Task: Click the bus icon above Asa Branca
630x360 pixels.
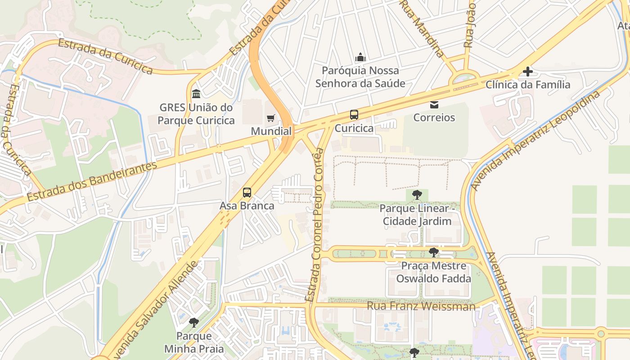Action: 247,193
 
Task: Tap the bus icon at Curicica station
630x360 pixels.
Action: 354,115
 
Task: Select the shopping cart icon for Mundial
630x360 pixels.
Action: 270,118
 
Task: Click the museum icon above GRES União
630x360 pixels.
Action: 196,94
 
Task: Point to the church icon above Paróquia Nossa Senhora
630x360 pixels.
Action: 360,57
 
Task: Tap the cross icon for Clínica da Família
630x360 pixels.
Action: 527,72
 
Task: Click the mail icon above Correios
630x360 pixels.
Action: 434,105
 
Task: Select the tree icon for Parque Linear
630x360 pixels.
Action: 417,195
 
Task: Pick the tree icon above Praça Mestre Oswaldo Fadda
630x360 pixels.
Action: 433,252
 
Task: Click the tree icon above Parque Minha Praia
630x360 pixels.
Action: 194,323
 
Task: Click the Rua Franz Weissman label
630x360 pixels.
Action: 421,306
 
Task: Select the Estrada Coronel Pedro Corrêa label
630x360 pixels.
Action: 315,225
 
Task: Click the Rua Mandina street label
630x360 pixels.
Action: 423,29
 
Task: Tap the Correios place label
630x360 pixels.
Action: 434,118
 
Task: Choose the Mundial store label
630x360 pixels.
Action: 271,131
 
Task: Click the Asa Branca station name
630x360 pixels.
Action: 247,206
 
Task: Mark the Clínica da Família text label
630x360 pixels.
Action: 528,85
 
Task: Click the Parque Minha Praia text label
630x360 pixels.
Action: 194,342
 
